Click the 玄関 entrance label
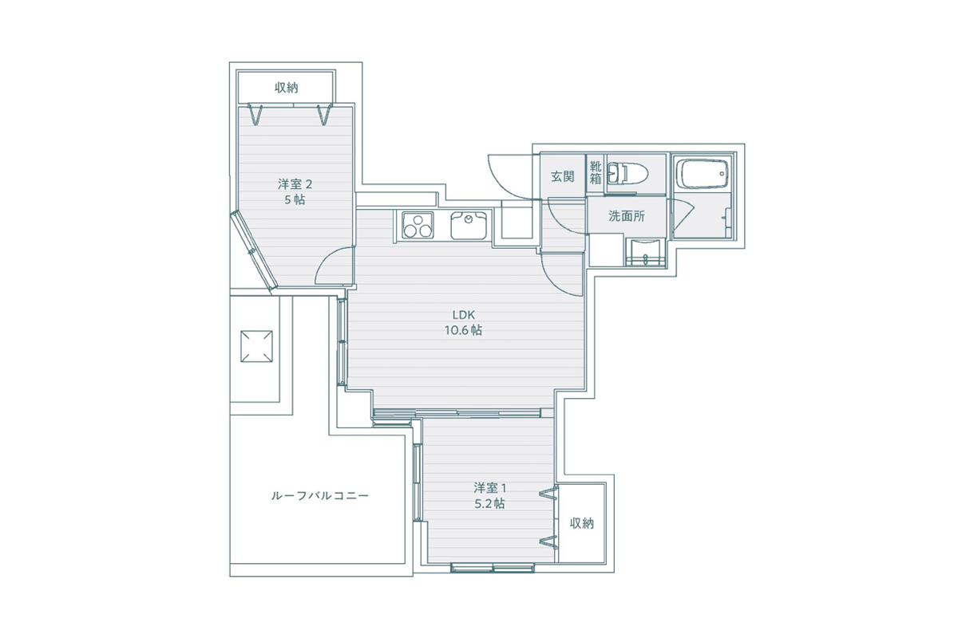tap(562, 176)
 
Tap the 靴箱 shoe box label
tap(596, 172)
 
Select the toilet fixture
tap(627, 174)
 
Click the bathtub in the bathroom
tap(702, 174)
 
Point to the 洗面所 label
tap(627, 216)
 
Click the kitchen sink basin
tap(469, 226)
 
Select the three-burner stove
tap(418, 225)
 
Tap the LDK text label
tap(464, 315)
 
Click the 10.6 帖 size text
tap(464, 330)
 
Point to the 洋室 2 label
tap(295, 184)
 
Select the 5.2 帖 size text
tap(489, 504)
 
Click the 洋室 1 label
tap(489, 487)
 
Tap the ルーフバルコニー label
tap(320, 496)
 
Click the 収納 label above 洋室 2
tap(286, 88)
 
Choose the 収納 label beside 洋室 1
tap(582, 523)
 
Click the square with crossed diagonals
tap(256, 346)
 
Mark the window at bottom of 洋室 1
tap(493, 568)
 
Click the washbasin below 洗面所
tap(645, 253)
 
